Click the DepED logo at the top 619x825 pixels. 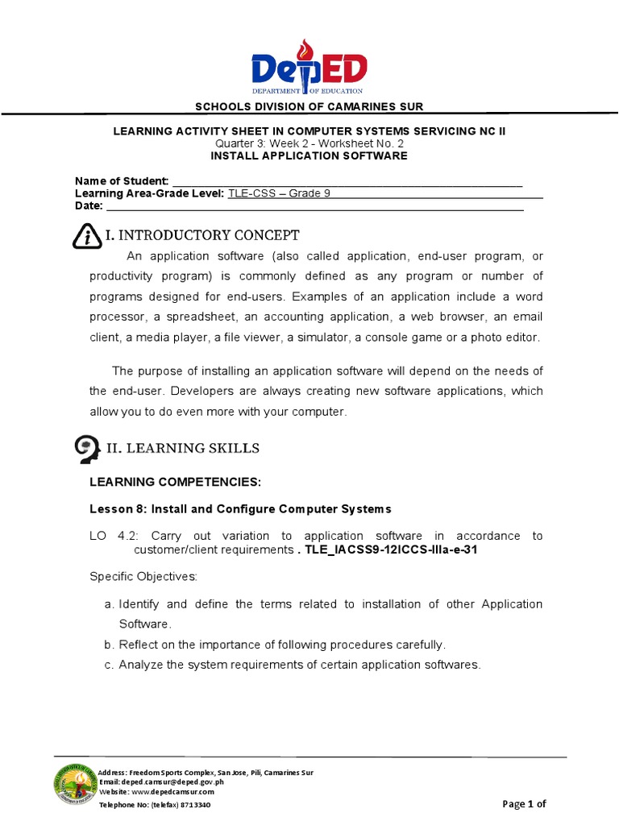tap(309, 68)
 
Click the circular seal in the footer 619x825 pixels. tap(76, 786)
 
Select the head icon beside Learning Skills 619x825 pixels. tap(86, 448)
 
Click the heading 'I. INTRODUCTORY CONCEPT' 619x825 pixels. tap(202, 235)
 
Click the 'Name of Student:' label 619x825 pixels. tap(122, 180)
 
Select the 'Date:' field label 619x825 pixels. tap(89, 206)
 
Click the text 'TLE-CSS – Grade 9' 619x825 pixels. tap(280, 193)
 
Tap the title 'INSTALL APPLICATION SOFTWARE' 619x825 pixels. tap(309, 155)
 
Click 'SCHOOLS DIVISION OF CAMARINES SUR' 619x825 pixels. tap(309, 107)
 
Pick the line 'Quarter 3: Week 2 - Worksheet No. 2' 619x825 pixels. tap(309, 143)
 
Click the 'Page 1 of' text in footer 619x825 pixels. tap(524, 803)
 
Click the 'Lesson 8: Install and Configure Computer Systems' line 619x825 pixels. tap(239, 509)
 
